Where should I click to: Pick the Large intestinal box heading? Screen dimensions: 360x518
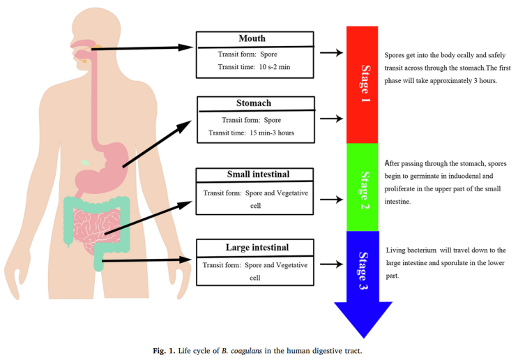(x=257, y=246)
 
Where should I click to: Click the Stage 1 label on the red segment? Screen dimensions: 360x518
(x=363, y=84)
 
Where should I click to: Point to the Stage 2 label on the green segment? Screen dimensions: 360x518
(x=363, y=187)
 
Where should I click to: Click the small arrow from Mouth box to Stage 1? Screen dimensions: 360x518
(x=335, y=53)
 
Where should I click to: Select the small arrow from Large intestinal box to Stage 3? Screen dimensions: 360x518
(x=335, y=264)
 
